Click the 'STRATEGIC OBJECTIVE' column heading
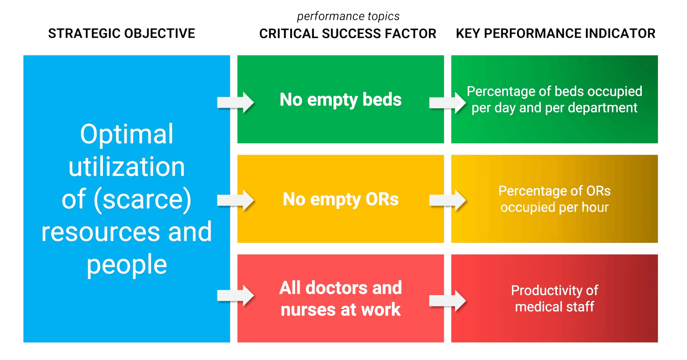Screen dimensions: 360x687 pyautogui.click(x=121, y=34)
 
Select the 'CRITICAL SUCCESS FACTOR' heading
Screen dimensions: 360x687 pyautogui.click(x=348, y=34)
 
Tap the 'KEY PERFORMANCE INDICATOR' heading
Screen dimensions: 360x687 pyautogui.click(x=556, y=34)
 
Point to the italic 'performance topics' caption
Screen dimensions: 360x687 pyautogui.click(x=348, y=17)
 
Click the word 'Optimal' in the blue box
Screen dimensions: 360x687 pyautogui.click(x=127, y=134)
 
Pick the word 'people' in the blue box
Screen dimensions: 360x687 pyautogui.click(x=127, y=265)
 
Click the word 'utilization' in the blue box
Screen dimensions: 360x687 pyautogui.click(x=127, y=167)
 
